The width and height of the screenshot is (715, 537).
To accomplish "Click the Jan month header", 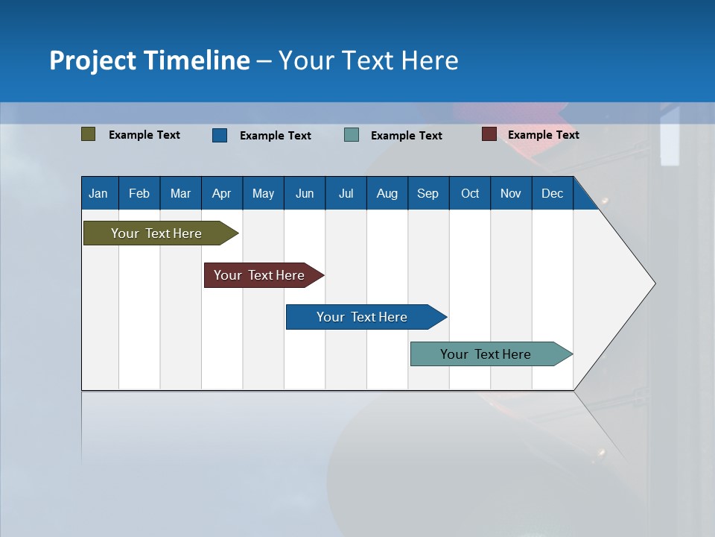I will click(x=98, y=193).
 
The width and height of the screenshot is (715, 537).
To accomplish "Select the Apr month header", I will click(x=221, y=193).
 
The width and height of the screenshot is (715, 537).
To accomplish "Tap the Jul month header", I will click(x=346, y=193).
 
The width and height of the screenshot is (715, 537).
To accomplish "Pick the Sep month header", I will click(x=428, y=193).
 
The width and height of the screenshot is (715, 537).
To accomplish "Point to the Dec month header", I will click(x=552, y=193).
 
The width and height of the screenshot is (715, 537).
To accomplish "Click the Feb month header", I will click(x=139, y=193).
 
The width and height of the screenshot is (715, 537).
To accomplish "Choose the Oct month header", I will click(x=470, y=193).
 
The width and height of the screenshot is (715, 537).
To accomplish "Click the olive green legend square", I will click(x=88, y=134).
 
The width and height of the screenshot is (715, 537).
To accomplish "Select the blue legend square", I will click(x=220, y=135).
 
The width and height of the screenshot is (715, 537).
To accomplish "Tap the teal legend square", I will click(x=352, y=135).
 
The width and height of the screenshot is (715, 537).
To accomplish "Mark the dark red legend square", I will click(x=489, y=134).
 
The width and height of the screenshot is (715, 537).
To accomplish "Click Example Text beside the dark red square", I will click(x=543, y=134).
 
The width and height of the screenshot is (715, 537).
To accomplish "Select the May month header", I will click(x=263, y=193).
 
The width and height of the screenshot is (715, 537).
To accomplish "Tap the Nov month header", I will click(x=511, y=193).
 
